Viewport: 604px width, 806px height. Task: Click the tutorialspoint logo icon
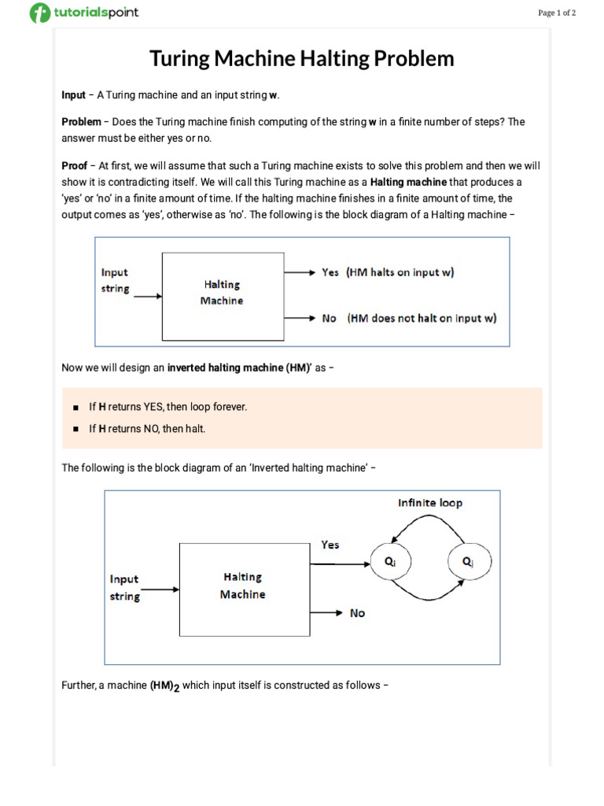click(x=39, y=13)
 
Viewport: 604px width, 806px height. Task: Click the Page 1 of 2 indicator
click(x=557, y=13)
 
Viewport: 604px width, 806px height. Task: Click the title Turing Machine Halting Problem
click(x=302, y=59)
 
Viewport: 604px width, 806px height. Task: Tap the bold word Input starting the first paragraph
click(x=73, y=95)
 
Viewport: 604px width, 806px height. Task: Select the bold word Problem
click(x=81, y=122)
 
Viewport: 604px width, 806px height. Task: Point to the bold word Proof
click(x=74, y=166)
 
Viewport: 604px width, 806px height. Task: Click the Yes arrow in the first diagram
click(x=300, y=272)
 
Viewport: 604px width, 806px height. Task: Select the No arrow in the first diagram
click(x=300, y=318)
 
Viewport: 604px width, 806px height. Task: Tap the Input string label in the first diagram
click(x=115, y=280)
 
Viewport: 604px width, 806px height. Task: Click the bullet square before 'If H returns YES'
click(x=75, y=408)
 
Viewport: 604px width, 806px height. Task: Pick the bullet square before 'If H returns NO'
click(x=75, y=429)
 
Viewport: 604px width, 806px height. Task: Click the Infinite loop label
click(x=430, y=503)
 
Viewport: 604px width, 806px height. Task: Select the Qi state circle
click(x=390, y=563)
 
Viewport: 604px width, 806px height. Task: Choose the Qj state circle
click(x=469, y=562)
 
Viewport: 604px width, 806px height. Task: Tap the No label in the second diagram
click(x=358, y=613)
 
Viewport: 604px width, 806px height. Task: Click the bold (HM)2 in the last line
click(x=165, y=686)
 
